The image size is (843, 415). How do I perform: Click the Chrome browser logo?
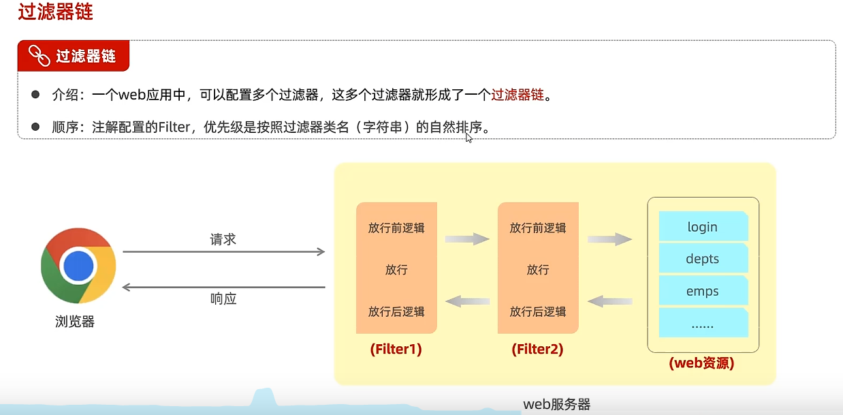click(78, 265)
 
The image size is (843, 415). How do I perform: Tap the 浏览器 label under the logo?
click(75, 322)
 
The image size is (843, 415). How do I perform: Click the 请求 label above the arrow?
click(223, 239)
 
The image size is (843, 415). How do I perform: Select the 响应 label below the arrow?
click(223, 298)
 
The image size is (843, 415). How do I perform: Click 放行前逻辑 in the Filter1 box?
click(396, 228)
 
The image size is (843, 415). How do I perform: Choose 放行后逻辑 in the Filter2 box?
click(538, 311)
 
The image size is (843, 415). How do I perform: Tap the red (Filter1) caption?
click(396, 350)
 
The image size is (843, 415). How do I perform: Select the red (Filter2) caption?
click(537, 350)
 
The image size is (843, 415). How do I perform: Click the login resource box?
click(703, 227)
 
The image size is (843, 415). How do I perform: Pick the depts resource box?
click(703, 259)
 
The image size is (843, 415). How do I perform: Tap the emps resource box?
click(703, 291)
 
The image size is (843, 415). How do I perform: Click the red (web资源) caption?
click(702, 363)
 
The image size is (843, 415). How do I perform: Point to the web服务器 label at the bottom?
click(556, 404)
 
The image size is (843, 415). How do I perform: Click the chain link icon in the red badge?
click(39, 56)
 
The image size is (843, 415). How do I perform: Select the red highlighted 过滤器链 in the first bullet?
click(518, 95)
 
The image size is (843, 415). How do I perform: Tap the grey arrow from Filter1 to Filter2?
click(467, 239)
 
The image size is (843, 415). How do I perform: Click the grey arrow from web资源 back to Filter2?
click(610, 301)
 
